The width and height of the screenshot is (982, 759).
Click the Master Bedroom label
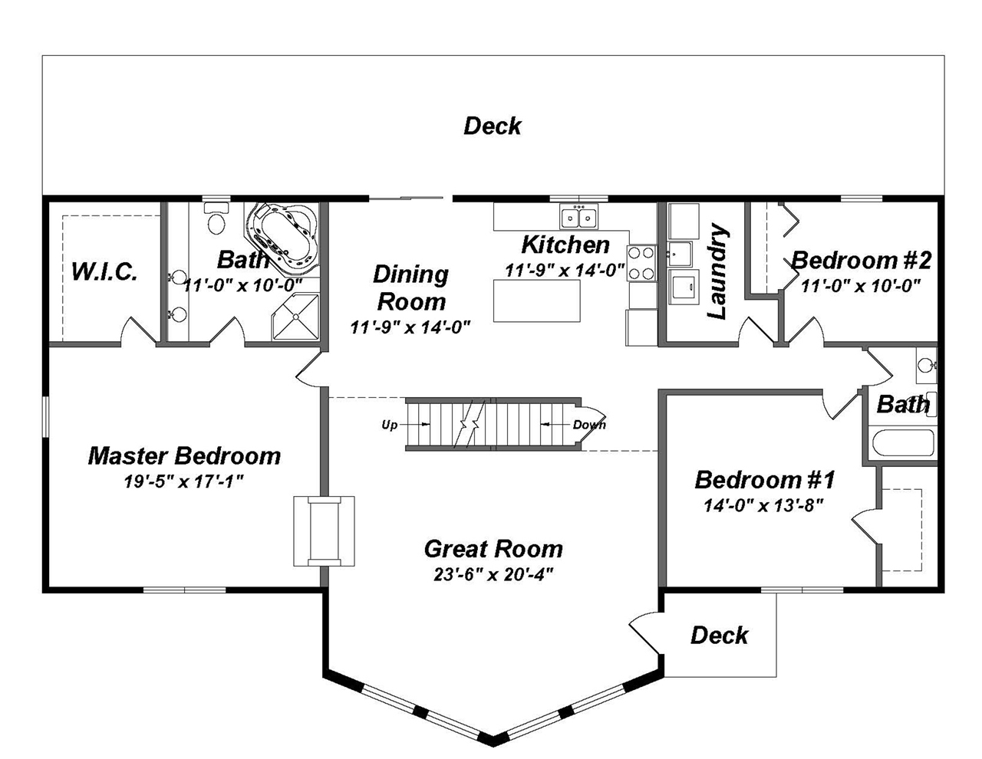tap(184, 456)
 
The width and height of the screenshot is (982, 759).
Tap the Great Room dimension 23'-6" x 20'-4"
tap(493, 574)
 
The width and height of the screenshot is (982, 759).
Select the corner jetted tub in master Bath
tap(283, 237)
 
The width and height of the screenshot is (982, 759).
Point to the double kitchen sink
tap(579, 219)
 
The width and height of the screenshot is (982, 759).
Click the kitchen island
tap(536, 301)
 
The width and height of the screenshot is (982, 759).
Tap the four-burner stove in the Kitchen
tap(641, 262)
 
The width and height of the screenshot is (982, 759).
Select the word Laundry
tap(717, 271)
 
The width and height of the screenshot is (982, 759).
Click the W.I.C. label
tap(104, 271)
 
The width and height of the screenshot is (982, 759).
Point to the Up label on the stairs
tap(390, 425)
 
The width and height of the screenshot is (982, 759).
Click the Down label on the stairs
tap(589, 425)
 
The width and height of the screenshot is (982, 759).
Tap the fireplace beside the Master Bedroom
tap(325, 531)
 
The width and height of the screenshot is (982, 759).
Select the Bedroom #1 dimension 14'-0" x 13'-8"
tap(763, 505)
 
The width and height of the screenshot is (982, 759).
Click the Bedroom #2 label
tap(861, 261)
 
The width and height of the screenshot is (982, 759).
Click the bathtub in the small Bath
tap(903, 443)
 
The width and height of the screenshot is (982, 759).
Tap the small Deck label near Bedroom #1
tap(719, 635)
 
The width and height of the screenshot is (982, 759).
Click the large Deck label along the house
tap(493, 126)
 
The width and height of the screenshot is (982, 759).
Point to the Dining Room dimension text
tap(410, 327)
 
